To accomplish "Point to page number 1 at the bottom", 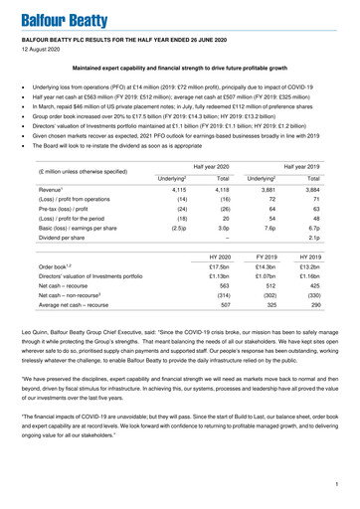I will [338, 485].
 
